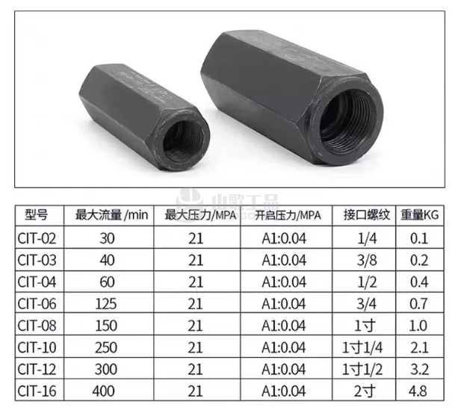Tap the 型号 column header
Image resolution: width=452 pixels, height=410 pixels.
pos(36,215)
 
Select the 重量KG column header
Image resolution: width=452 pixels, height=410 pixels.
pos(420,215)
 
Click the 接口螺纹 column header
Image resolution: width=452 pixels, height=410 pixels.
pos(366,215)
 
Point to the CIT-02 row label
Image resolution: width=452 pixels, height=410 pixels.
pos(37,238)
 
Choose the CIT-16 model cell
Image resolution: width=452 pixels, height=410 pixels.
pos(37,391)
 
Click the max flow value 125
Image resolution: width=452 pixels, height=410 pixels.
pos(106,304)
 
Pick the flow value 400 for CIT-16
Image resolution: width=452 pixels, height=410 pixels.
pos(104,391)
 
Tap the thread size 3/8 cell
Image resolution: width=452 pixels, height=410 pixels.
pos(367,260)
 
